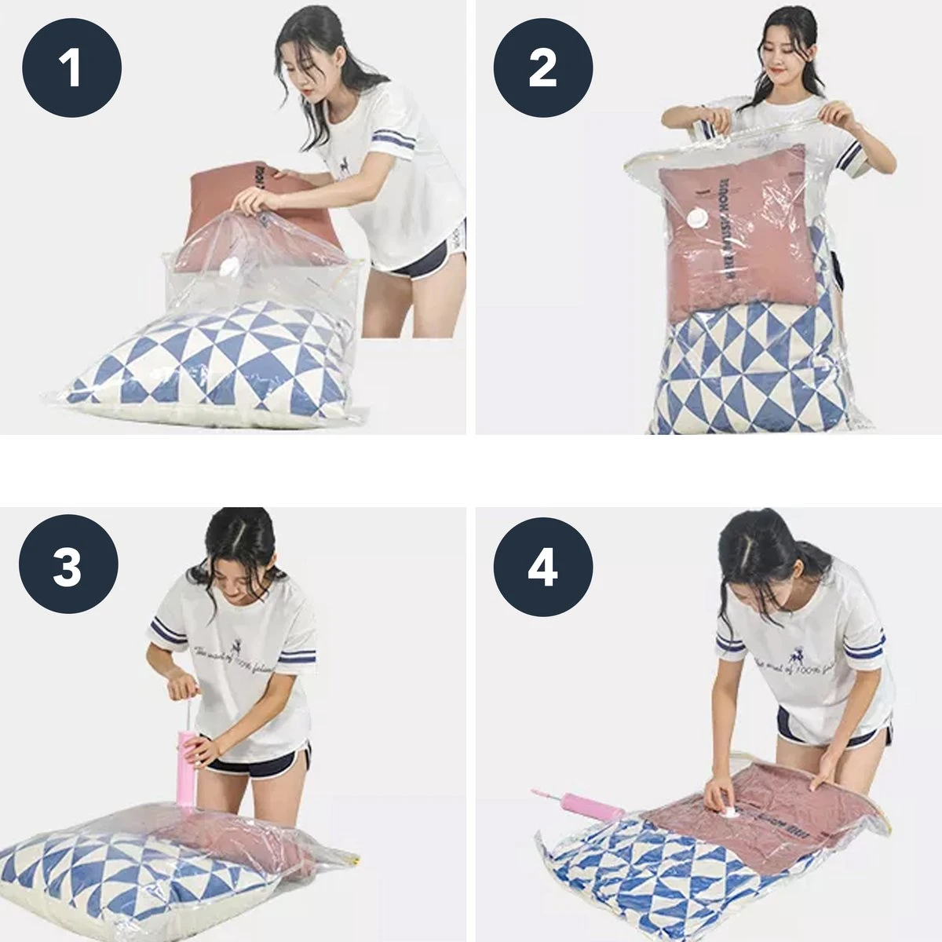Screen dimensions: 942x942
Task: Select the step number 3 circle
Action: tap(68, 565)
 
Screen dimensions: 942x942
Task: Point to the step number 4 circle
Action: tap(542, 565)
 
